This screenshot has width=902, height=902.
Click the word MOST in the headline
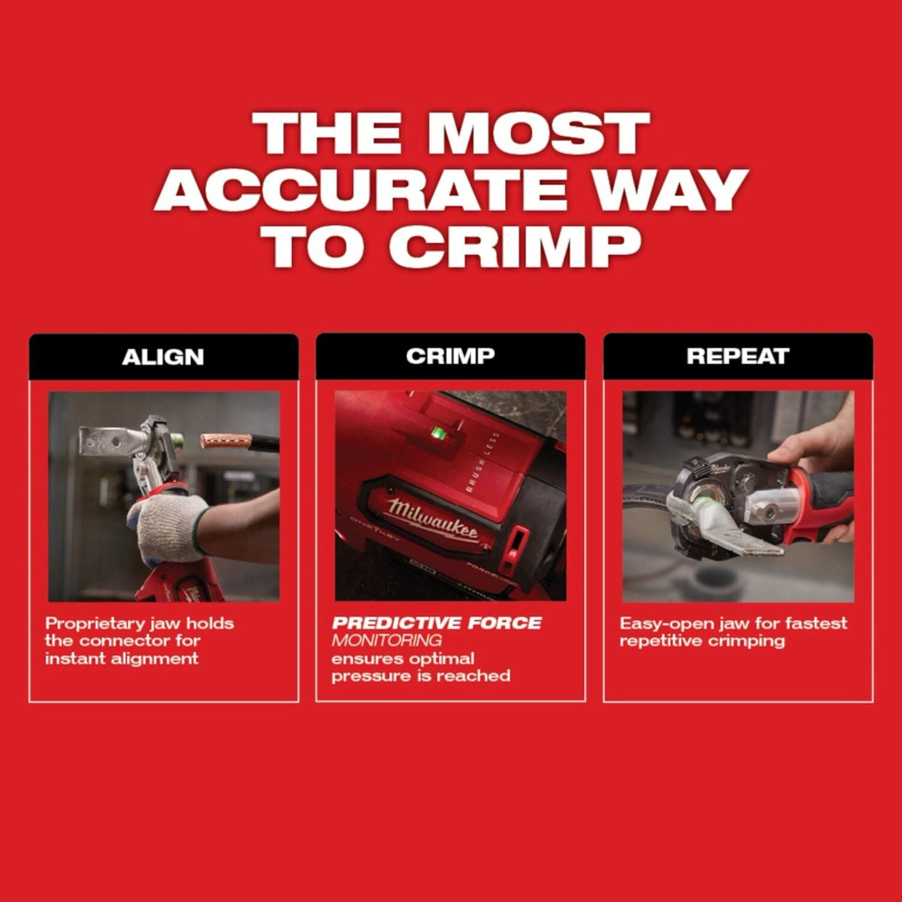[x=538, y=134]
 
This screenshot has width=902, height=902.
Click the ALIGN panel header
[x=163, y=357]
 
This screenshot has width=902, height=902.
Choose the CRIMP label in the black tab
[x=450, y=356]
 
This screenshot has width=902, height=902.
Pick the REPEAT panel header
[x=737, y=356]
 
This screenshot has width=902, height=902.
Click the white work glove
[x=169, y=525]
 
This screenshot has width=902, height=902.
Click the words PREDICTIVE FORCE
[x=436, y=623]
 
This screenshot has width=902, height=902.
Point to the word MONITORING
[x=386, y=640]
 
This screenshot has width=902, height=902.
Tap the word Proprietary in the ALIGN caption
[x=91, y=623]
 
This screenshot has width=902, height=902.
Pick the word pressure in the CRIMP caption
[x=366, y=676]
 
